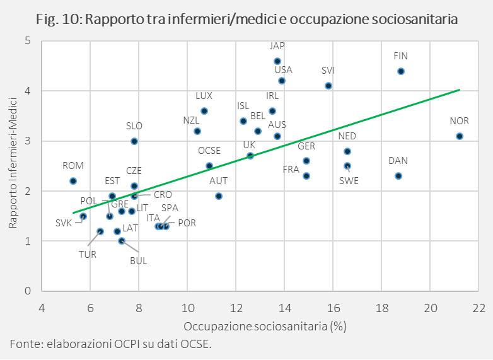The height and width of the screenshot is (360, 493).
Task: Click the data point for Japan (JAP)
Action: [277, 61]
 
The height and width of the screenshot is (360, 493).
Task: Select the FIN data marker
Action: [401, 71]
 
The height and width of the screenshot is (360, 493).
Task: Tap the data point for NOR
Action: [459, 136]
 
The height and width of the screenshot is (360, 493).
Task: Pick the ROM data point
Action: [73, 181]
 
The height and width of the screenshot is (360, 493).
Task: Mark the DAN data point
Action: [398, 176]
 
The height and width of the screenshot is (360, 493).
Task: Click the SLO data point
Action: [134, 141]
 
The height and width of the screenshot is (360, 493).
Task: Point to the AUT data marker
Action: [219, 196]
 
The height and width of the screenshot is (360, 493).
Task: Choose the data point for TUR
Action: [100, 231]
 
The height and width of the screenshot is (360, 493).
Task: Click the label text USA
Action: [284, 70]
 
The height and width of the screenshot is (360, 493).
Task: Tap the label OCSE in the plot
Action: [209, 151]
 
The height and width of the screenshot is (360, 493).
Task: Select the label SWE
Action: [349, 180]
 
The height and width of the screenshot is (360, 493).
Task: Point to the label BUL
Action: [138, 260]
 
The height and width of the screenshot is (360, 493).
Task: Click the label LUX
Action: [204, 96]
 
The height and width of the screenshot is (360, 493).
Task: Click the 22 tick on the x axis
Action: [478, 309]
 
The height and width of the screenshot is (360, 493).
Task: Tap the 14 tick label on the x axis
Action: [284, 309]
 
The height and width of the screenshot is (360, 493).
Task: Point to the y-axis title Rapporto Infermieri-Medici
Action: [13, 166]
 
